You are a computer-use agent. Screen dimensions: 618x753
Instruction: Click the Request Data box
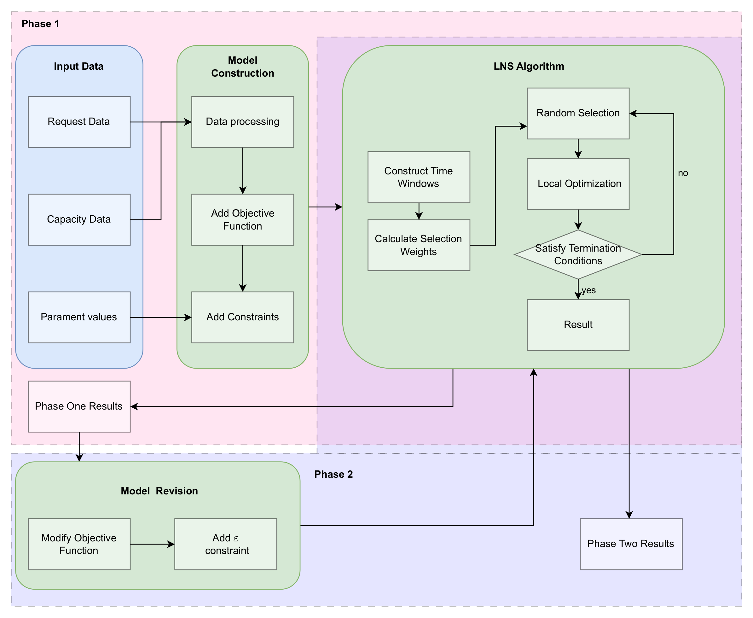[79, 122]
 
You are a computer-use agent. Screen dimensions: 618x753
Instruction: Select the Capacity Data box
[79, 219]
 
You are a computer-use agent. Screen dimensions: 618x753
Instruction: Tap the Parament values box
[79, 317]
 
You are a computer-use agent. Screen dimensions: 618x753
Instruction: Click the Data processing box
[243, 122]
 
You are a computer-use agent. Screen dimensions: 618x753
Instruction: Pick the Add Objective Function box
[243, 219]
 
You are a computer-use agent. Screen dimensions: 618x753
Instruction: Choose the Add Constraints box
[243, 317]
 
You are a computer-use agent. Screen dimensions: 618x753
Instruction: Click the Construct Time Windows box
[419, 177]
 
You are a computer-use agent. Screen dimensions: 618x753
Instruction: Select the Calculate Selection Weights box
[419, 245]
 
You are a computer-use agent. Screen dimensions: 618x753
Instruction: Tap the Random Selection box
[578, 113]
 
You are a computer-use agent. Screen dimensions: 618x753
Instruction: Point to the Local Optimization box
[578, 184]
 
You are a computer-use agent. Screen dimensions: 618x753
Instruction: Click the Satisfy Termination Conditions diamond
[578, 254]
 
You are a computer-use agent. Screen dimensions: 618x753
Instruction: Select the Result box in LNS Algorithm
[578, 325]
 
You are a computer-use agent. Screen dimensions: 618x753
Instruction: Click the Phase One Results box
[79, 406]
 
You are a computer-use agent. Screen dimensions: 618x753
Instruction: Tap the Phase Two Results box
[631, 544]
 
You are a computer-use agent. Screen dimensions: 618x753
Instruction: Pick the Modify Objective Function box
[79, 544]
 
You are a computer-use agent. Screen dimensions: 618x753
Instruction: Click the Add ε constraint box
[226, 544]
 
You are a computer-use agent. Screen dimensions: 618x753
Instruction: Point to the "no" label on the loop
[682, 173]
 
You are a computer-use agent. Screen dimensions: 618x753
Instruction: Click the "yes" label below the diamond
[588, 290]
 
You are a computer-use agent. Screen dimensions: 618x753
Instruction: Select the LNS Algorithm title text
[529, 66]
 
